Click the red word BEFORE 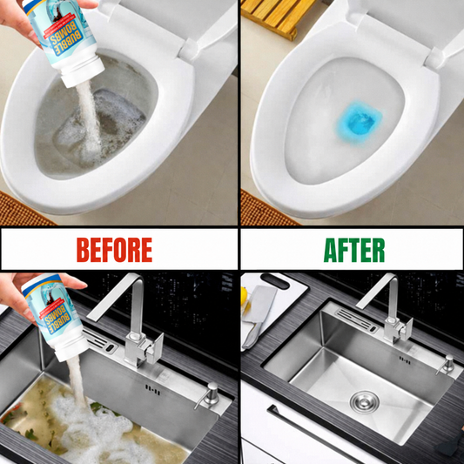point(114,250)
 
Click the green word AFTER point(354,250)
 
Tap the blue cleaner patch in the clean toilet point(359,121)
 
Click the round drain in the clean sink point(364,401)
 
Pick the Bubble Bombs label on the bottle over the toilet point(64,39)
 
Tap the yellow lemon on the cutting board point(243,296)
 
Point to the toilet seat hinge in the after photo point(435,57)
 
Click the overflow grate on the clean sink point(357,319)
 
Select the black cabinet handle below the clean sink point(313,434)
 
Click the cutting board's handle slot point(274,281)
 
